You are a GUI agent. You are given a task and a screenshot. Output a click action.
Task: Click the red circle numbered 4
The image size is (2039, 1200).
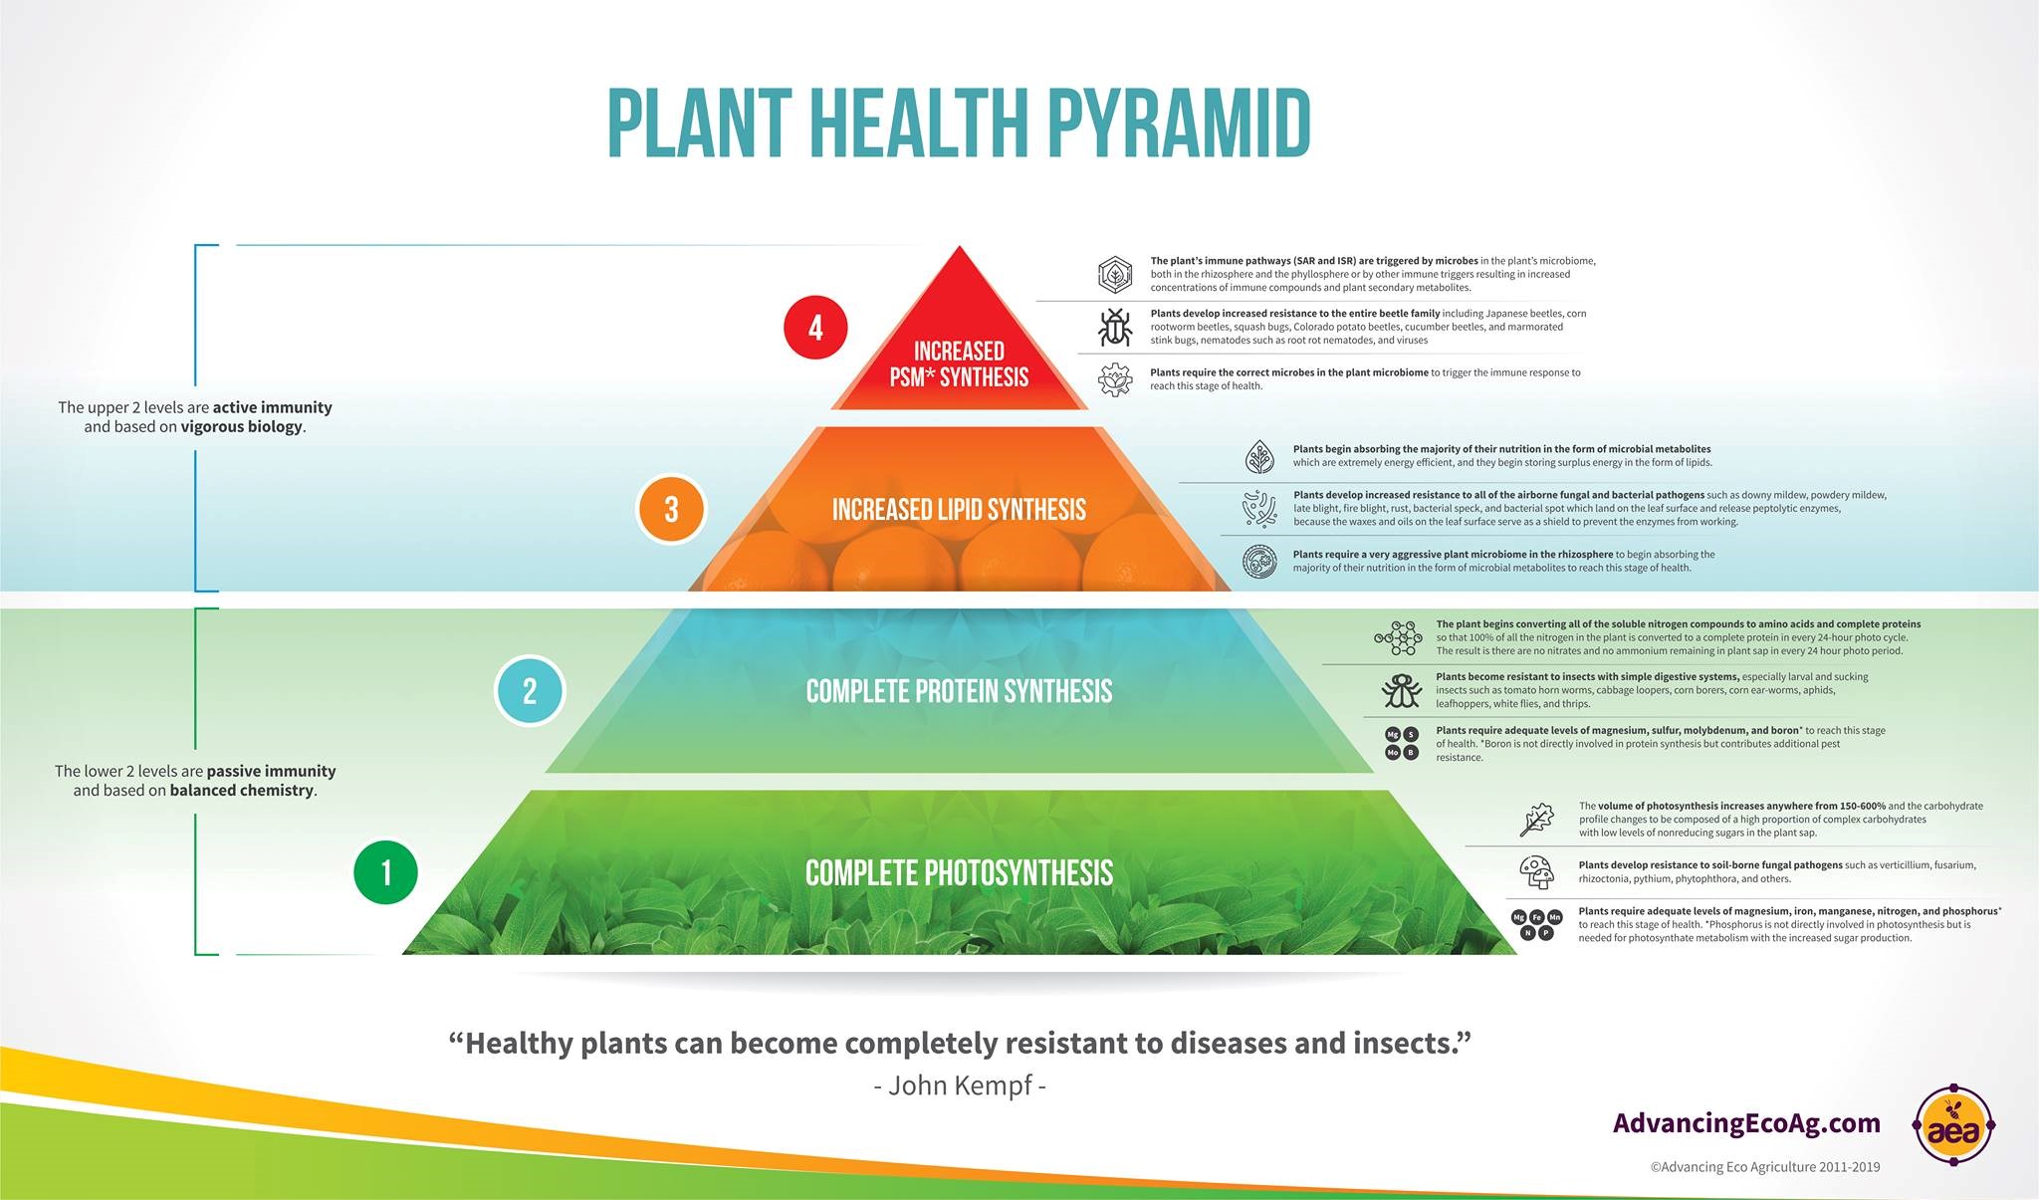(815, 328)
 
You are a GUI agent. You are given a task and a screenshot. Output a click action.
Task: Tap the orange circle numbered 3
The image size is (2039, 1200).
(671, 509)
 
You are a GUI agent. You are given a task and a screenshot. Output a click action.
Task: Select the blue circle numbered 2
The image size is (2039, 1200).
(530, 690)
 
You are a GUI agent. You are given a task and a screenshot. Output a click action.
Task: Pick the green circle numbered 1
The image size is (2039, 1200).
(386, 872)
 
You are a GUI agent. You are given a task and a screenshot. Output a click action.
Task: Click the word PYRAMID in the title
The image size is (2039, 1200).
(1178, 124)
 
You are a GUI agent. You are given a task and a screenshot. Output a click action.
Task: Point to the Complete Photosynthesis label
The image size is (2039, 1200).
(959, 873)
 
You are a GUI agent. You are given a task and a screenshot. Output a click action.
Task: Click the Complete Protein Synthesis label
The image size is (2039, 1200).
(959, 691)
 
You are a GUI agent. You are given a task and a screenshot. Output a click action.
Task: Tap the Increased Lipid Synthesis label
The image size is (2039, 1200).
(959, 510)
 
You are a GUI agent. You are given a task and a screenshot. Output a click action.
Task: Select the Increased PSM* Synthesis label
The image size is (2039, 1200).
(959, 364)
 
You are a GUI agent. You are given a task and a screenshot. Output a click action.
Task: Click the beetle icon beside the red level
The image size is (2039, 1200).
(1115, 327)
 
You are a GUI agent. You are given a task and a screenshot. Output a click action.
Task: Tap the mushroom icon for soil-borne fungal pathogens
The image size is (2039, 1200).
(1537, 871)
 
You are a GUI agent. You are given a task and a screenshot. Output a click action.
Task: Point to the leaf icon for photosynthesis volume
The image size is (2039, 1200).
(1537, 819)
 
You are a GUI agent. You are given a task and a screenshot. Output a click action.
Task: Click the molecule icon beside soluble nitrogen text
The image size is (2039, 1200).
(1398, 637)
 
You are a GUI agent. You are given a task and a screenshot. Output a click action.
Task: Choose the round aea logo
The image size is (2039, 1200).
(1953, 1125)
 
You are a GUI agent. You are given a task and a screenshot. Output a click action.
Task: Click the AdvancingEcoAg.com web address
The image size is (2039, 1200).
(1746, 1123)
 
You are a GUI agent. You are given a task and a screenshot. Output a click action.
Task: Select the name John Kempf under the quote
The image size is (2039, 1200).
(959, 1084)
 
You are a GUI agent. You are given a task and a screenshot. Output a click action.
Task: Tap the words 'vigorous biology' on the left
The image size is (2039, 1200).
(242, 427)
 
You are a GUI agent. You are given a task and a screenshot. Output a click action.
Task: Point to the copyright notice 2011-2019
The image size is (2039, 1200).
(1764, 1167)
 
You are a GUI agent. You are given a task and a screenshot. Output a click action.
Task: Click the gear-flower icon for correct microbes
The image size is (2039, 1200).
(1115, 379)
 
